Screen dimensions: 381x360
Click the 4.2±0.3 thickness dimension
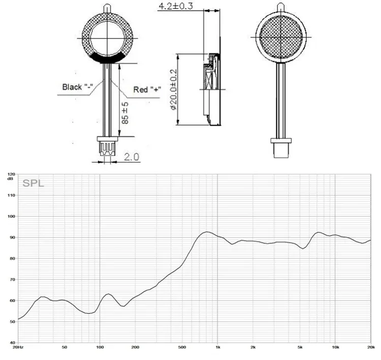[x=176, y=6]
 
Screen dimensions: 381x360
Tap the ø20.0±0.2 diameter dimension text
[x=174, y=89]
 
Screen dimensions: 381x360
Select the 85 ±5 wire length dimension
[x=125, y=113]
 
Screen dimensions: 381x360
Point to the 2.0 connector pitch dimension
[x=132, y=157]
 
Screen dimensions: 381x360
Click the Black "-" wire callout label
[x=78, y=87]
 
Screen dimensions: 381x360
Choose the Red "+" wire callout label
[x=147, y=89]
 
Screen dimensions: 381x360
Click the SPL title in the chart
[x=34, y=183]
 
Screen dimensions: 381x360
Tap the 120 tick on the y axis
[x=11, y=174]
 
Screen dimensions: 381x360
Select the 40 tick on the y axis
[x=12, y=343]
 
